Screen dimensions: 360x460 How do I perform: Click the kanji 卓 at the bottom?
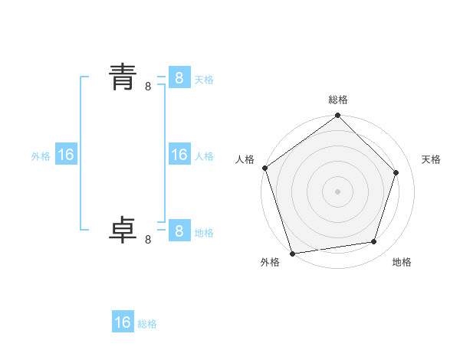(x=123, y=230)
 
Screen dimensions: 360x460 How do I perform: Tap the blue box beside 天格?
(x=179, y=77)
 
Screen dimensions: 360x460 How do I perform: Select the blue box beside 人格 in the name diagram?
(x=179, y=155)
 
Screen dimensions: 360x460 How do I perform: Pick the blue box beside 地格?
(x=179, y=231)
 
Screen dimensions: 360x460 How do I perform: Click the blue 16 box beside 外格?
(x=65, y=155)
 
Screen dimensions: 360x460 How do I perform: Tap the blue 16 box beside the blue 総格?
(x=123, y=322)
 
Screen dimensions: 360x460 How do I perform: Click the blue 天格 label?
(x=204, y=79)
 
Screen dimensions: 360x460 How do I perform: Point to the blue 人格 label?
(x=204, y=156)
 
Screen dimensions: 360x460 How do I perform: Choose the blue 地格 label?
(x=204, y=232)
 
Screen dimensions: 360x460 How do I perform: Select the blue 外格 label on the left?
(x=41, y=156)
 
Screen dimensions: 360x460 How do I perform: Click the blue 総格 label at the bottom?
(x=147, y=324)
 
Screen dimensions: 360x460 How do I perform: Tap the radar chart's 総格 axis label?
(x=338, y=100)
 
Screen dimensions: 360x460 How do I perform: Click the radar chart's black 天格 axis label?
(x=431, y=159)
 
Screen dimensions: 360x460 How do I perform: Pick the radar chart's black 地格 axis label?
(x=402, y=262)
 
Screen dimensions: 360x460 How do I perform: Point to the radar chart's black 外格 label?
(x=270, y=262)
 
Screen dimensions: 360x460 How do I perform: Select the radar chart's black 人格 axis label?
(x=245, y=159)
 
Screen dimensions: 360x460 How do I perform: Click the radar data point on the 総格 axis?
(x=337, y=116)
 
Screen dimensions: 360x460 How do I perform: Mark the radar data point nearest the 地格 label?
(x=374, y=242)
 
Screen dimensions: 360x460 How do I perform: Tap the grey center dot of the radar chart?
(x=337, y=191)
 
